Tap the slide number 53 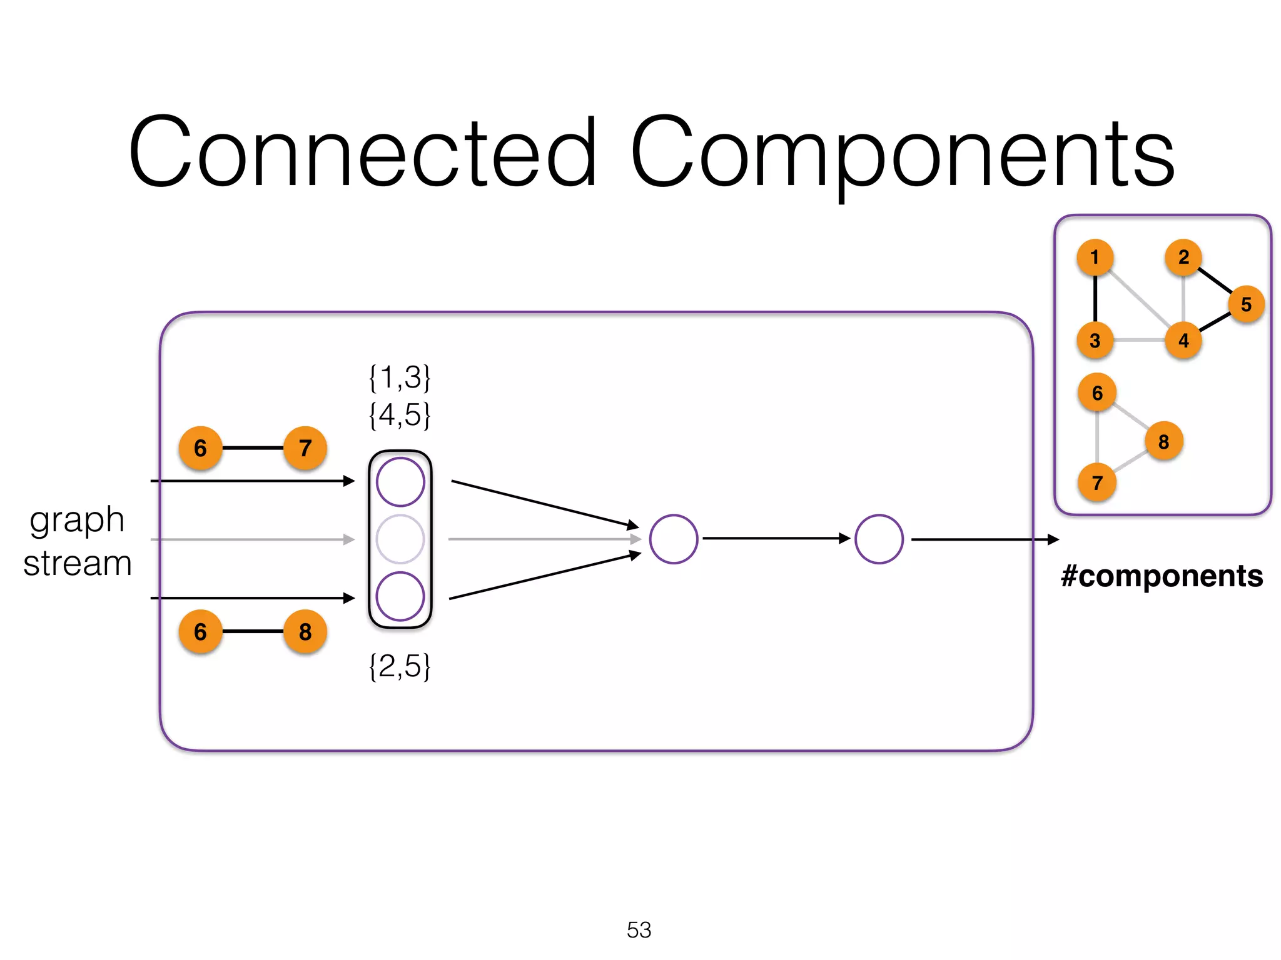(x=639, y=930)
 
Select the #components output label (x=1162, y=575)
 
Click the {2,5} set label (x=400, y=666)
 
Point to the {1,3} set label (x=400, y=377)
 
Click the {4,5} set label (x=400, y=414)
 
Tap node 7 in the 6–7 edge (x=305, y=448)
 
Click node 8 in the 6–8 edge (x=305, y=632)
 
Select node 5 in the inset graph (x=1246, y=304)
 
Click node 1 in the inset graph (x=1095, y=257)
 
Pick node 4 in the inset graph (x=1183, y=341)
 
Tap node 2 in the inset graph (x=1183, y=257)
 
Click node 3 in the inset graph (x=1095, y=341)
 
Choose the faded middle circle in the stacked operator (x=400, y=539)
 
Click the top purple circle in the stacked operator (x=400, y=482)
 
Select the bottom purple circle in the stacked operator (x=400, y=596)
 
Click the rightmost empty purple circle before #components (x=879, y=539)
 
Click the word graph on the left (x=77, y=520)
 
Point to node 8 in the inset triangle (x=1163, y=442)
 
